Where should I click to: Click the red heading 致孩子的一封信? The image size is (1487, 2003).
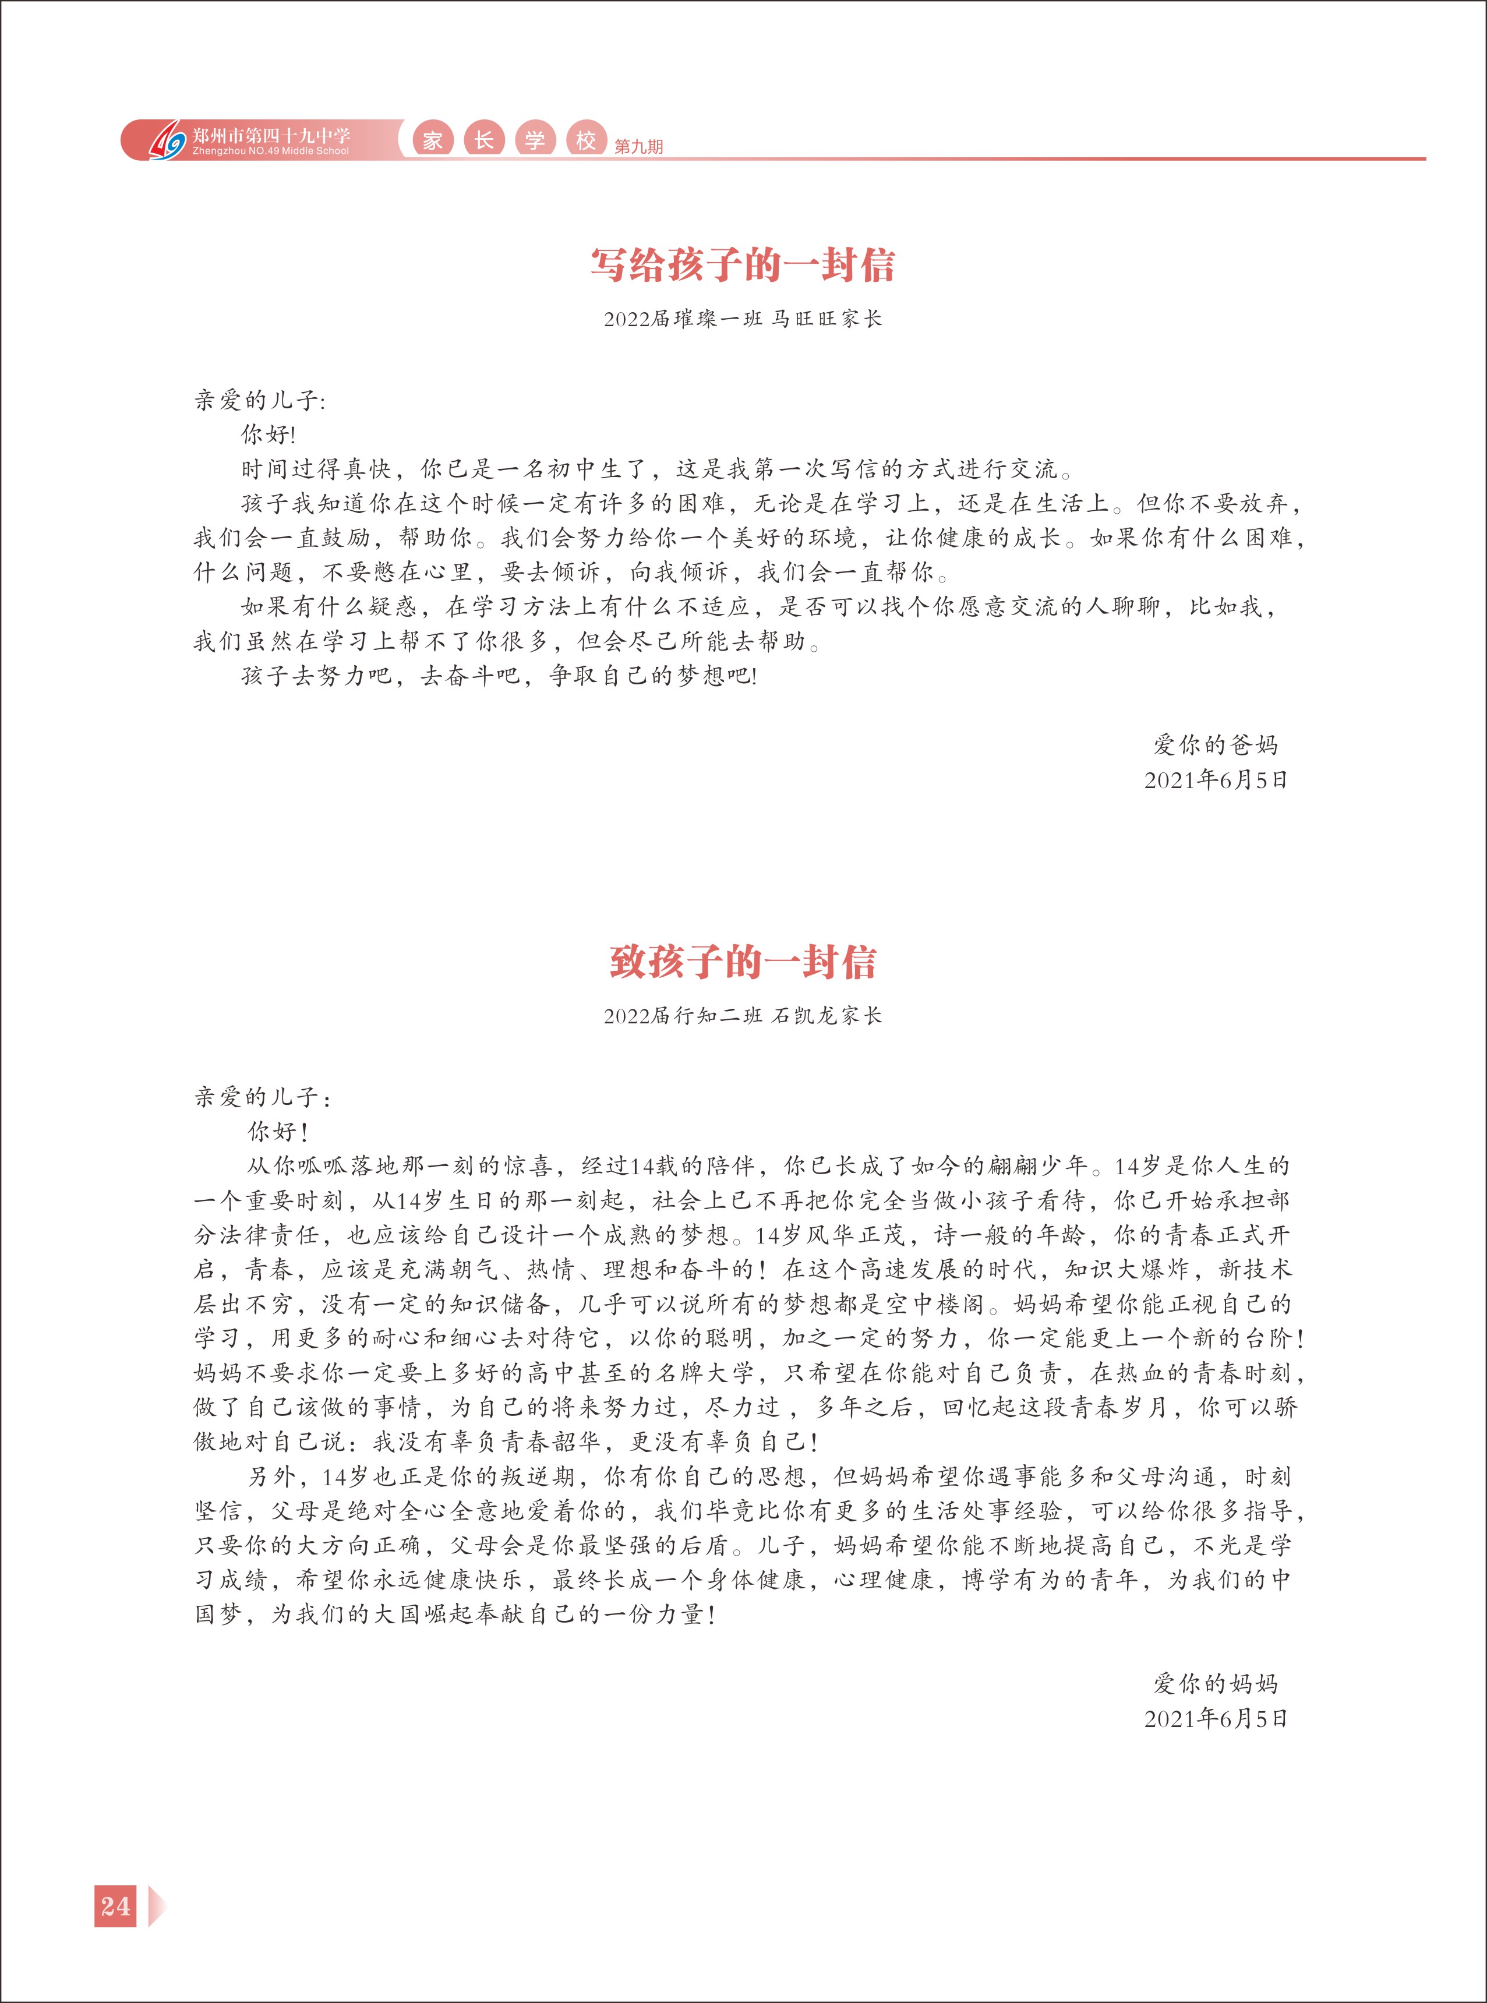point(743,962)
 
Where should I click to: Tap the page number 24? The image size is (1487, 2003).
point(115,1906)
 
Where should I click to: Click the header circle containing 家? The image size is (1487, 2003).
point(433,140)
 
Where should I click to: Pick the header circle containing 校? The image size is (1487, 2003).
point(586,140)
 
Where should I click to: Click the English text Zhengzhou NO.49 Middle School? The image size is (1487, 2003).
point(270,151)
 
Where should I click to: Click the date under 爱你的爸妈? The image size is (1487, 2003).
point(1215,780)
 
